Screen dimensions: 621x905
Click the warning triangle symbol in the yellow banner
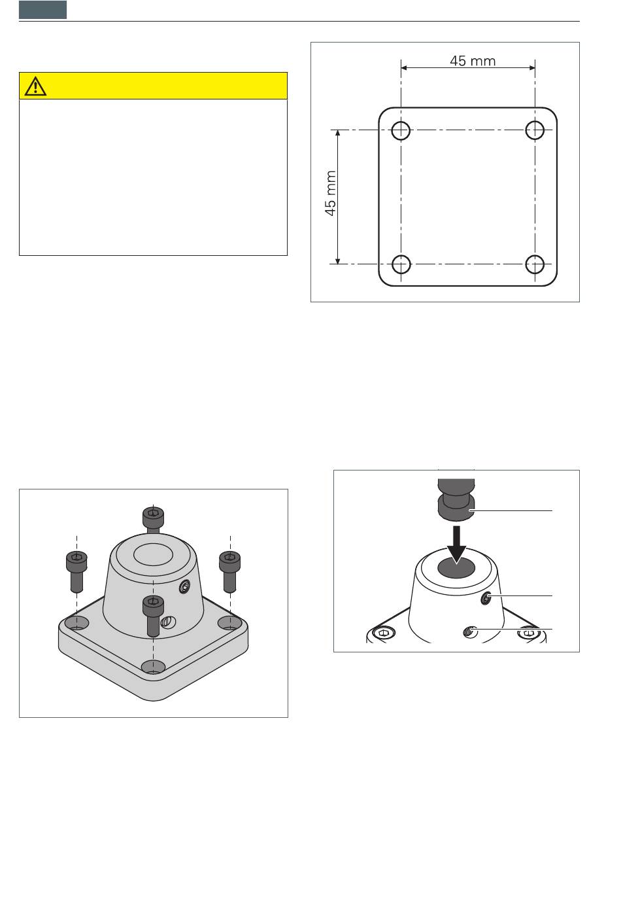point(35,86)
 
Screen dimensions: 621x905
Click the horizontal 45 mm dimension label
point(473,61)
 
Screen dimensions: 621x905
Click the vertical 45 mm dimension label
point(331,193)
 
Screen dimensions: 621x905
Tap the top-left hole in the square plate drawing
point(401,130)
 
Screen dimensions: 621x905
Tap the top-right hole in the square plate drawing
point(535,130)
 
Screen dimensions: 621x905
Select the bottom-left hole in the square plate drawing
point(401,264)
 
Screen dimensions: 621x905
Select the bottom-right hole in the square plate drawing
point(535,264)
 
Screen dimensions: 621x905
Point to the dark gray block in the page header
point(42,10)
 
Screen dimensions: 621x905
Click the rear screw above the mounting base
point(154,520)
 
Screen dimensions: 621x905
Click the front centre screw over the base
point(154,616)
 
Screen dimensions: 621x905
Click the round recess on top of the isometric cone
point(154,554)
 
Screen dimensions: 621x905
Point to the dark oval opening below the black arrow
point(456,567)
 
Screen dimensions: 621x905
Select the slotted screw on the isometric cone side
point(167,622)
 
